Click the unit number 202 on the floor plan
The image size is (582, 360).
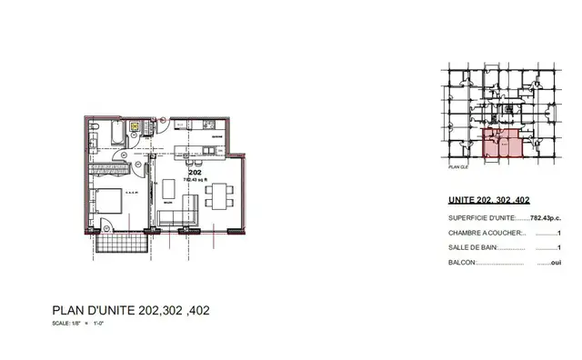(x=195, y=172)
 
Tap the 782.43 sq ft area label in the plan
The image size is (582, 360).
(x=195, y=179)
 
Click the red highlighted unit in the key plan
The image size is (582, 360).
(x=501, y=144)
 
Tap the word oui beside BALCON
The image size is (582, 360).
(x=545, y=263)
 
